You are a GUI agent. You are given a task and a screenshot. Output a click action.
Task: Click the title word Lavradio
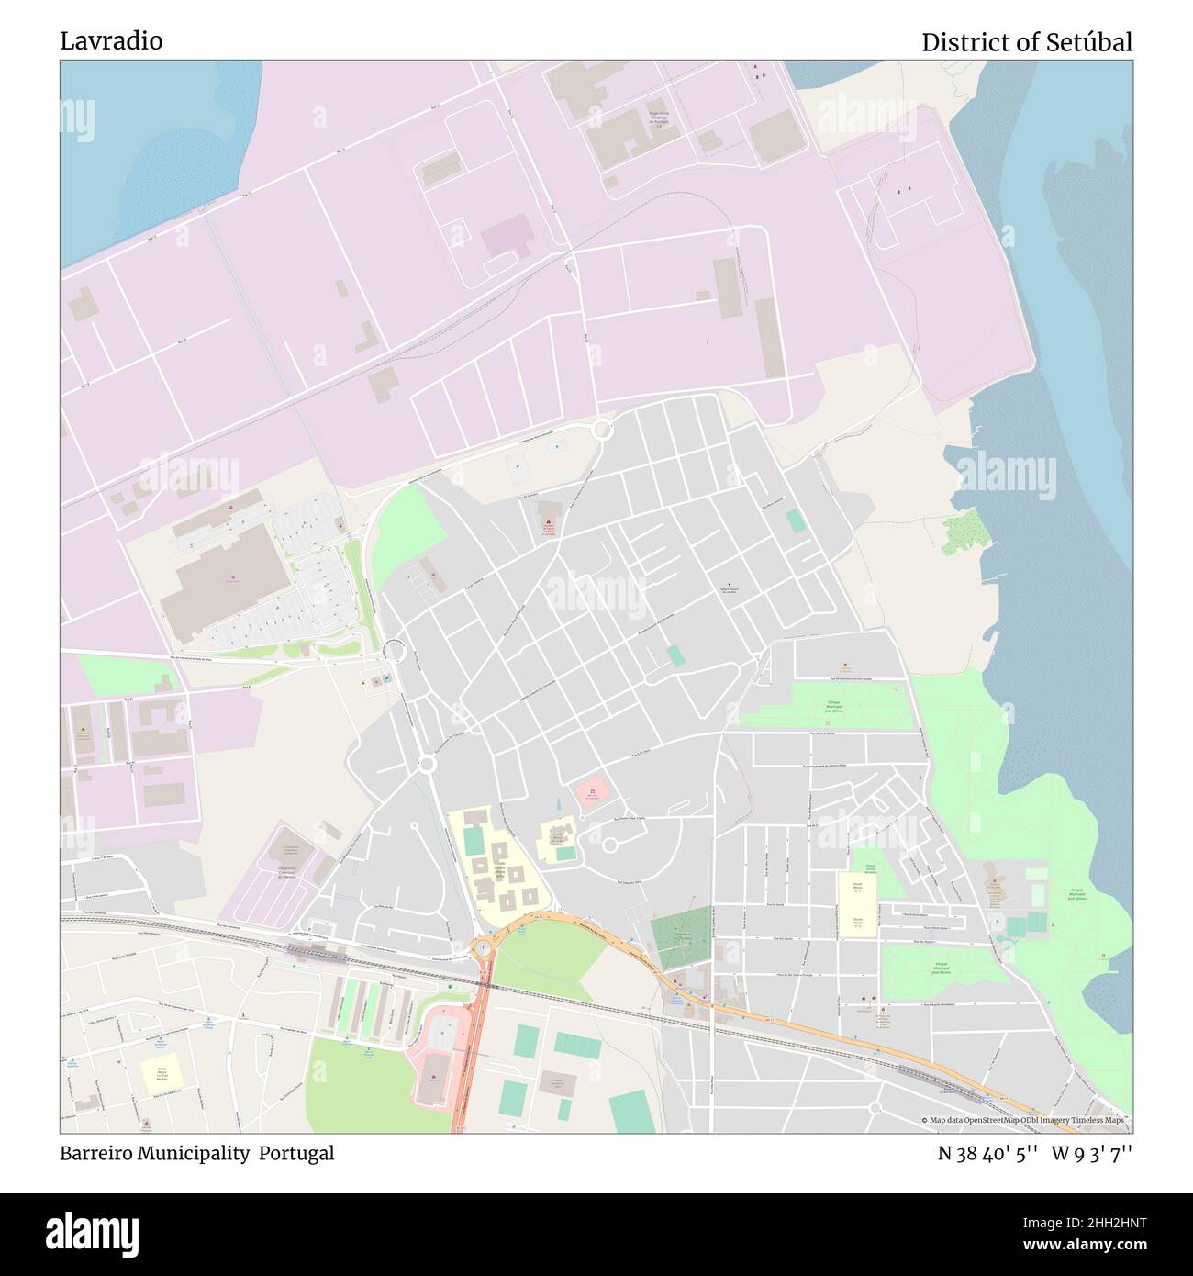pos(111,40)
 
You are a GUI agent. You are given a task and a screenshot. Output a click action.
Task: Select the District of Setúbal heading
pos(1026,42)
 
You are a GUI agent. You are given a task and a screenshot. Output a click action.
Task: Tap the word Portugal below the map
pos(295,1153)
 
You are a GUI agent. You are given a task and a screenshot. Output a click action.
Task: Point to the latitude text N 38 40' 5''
pos(987,1154)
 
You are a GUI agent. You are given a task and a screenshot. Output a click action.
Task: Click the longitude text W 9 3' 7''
pos(1092,1154)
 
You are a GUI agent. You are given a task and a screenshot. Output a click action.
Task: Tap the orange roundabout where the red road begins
pos(484,946)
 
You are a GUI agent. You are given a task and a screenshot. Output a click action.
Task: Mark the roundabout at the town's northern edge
pos(602,428)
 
